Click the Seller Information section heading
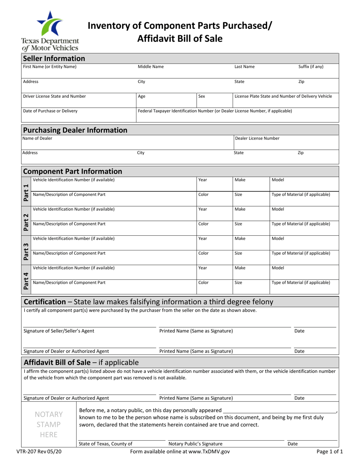(x=54, y=58)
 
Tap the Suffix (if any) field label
(x=311, y=67)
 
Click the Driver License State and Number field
(x=78, y=99)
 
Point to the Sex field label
(x=202, y=96)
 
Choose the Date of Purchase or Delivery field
(x=78, y=114)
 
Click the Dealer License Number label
(x=257, y=138)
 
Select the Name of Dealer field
(x=127, y=142)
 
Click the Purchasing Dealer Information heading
(x=75, y=130)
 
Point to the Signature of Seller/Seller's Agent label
(x=59, y=331)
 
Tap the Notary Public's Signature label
(x=195, y=444)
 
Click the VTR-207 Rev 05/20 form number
(x=39, y=452)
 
